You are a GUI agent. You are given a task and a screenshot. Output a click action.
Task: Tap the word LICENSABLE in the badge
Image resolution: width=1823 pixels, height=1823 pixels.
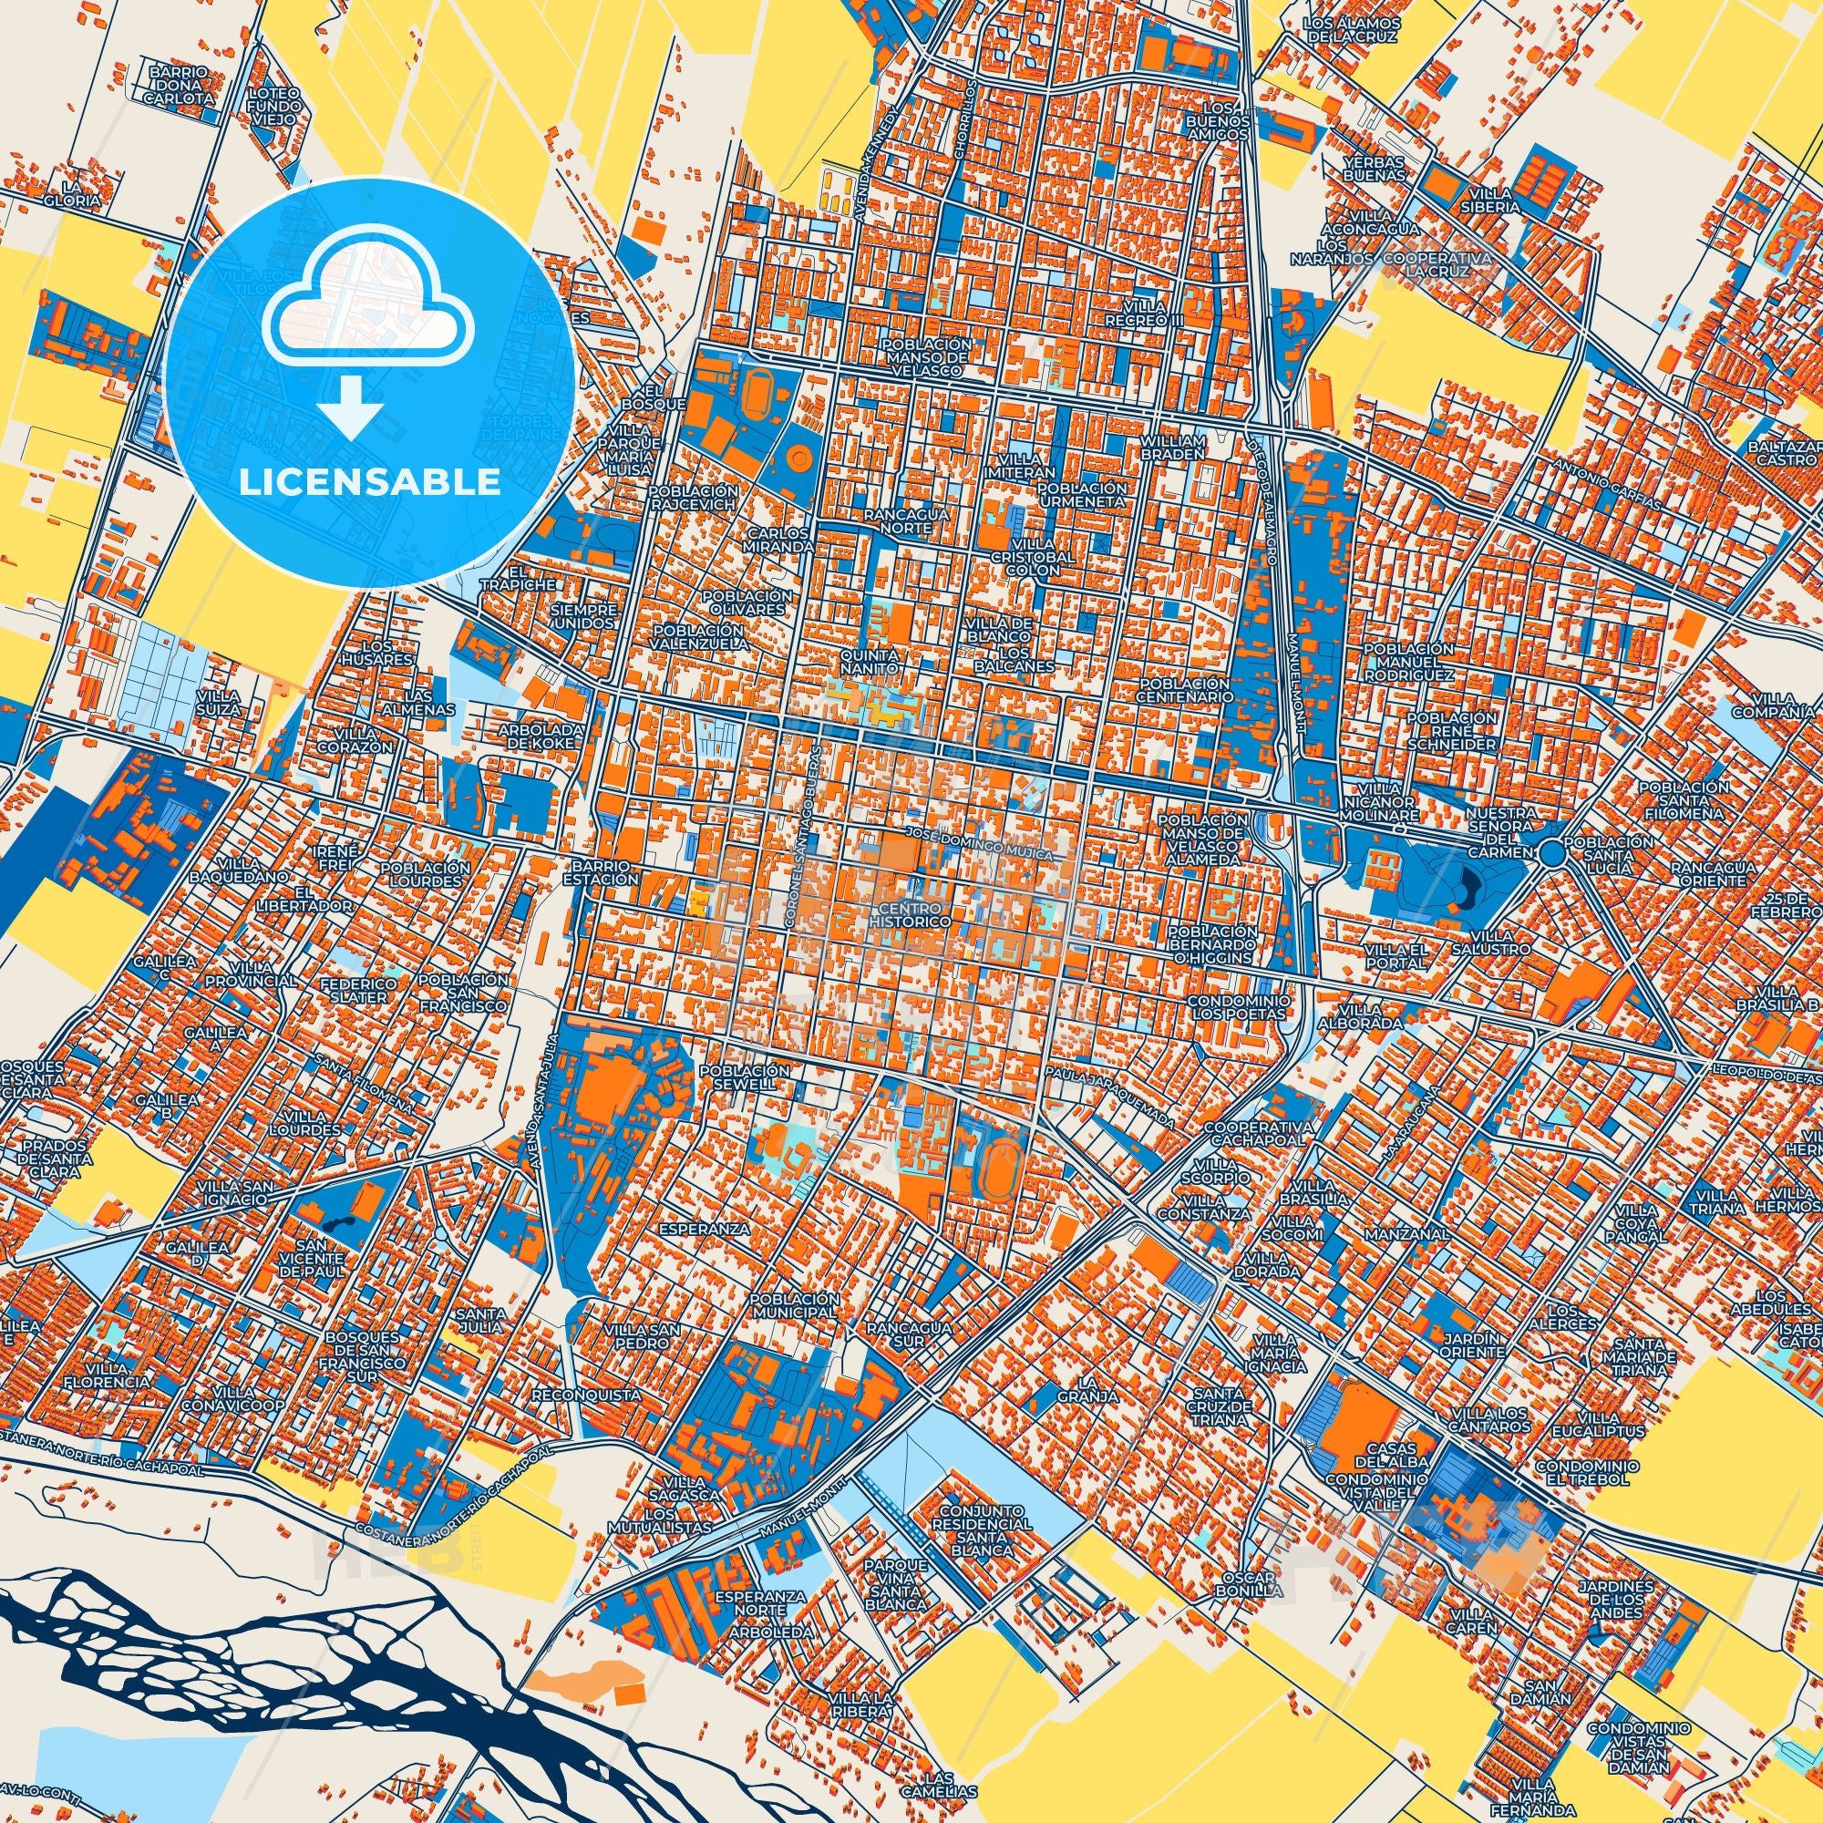click(370, 481)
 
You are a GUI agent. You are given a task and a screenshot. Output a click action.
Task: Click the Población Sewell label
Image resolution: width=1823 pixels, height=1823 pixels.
click(746, 1076)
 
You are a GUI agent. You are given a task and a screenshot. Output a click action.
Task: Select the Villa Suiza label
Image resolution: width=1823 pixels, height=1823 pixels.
click(219, 701)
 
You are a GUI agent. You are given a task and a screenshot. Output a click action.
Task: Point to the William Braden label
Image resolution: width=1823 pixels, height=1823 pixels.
click(1173, 448)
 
